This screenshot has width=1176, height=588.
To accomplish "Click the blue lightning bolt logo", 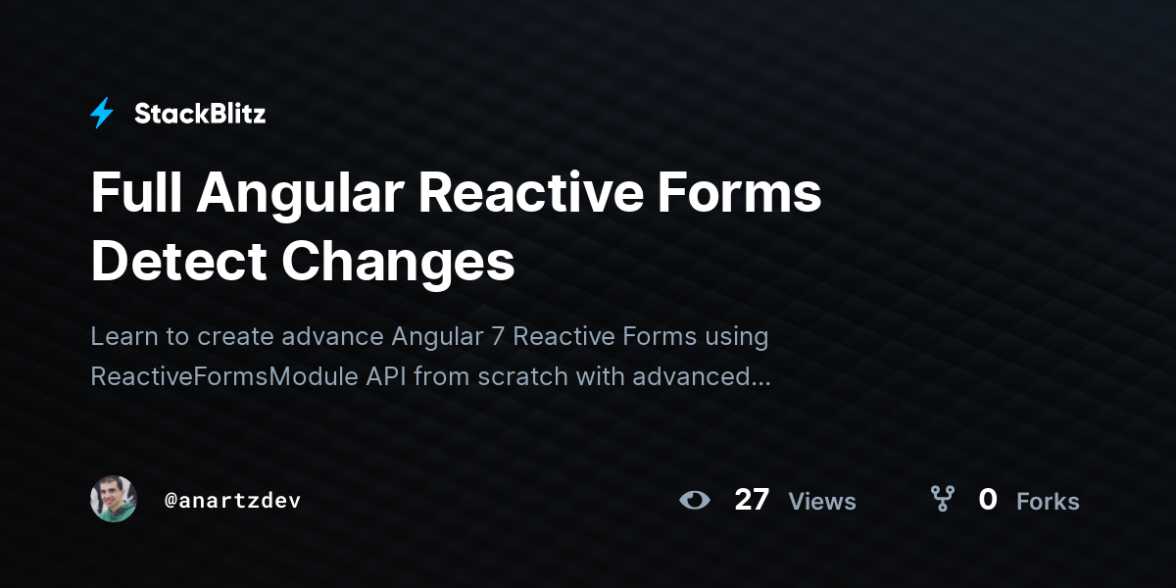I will tap(102, 114).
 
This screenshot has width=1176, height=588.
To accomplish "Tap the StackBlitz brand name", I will tap(200, 114).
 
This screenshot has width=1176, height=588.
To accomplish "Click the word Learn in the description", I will tap(122, 336).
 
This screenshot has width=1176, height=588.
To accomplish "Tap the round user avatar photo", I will tap(114, 500).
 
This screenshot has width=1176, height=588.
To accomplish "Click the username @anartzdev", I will tap(232, 501).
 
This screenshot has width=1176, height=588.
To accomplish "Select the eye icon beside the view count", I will tap(695, 500).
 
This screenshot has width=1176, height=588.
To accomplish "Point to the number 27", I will tap(752, 500).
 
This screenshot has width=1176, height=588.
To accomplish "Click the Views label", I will tap(822, 502).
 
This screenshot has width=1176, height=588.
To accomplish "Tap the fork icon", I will tap(943, 500).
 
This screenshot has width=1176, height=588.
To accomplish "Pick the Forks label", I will tap(1048, 502).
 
